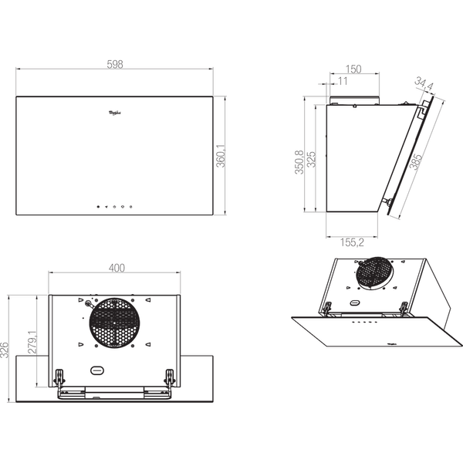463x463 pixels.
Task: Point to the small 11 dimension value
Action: [x=342, y=80]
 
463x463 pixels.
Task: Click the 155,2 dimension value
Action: [x=351, y=242]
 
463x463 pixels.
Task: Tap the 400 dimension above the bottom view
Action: [x=116, y=268]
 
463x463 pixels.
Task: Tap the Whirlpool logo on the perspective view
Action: [x=388, y=336]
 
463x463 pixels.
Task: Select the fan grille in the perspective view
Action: [x=373, y=272]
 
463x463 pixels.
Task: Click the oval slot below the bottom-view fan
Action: [x=96, y=370]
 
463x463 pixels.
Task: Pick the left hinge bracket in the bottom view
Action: [x=59, y=378]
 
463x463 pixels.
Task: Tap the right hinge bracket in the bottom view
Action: [x=171, y=378]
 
